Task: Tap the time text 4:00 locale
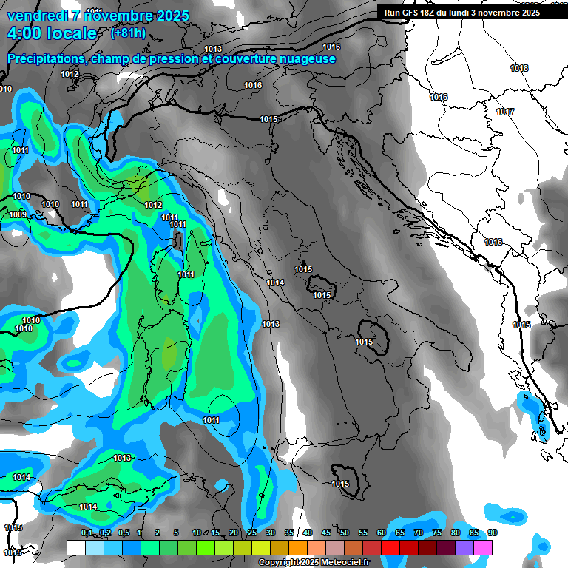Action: pos(52,33)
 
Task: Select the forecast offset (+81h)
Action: pos(128,33)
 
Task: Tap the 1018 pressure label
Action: pos(519,68)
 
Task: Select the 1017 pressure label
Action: pos(505,112)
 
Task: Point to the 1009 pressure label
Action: pos(18,214)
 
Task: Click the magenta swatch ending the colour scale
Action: pos(483,547)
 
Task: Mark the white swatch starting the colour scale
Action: pos(75,547)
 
